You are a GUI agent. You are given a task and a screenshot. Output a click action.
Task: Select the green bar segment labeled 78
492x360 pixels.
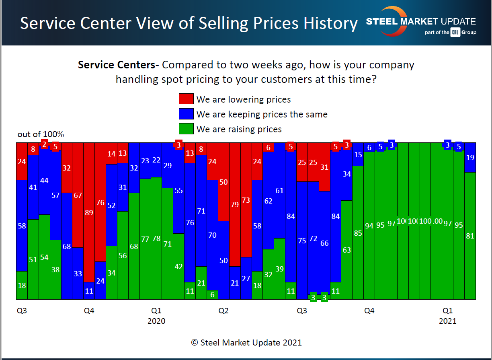tap(156, 238)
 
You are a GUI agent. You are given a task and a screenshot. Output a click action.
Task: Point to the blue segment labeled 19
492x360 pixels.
tap(470, 157)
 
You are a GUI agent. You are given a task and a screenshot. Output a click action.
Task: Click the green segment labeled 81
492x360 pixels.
tap(470, 236)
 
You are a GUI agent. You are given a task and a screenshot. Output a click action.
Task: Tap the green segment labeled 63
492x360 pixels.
tap(346, 250)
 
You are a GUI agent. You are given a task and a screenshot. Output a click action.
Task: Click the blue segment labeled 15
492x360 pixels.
tap(358, 154)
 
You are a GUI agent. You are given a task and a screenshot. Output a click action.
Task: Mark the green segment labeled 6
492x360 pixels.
tap(212, 295)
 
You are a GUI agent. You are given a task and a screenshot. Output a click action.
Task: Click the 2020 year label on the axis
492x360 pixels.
tap(156, 321)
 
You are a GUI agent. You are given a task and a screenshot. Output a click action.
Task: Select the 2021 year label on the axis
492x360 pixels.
tap(447, 321)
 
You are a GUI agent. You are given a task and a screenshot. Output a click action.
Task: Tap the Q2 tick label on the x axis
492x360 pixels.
tap(223, 311)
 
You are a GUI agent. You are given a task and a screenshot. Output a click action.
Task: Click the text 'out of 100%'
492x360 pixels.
tap(41, 134)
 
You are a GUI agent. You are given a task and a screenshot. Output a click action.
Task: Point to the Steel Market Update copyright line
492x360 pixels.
tap(246, 343)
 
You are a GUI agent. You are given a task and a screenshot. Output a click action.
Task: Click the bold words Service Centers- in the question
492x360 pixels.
tap(119, 65)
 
